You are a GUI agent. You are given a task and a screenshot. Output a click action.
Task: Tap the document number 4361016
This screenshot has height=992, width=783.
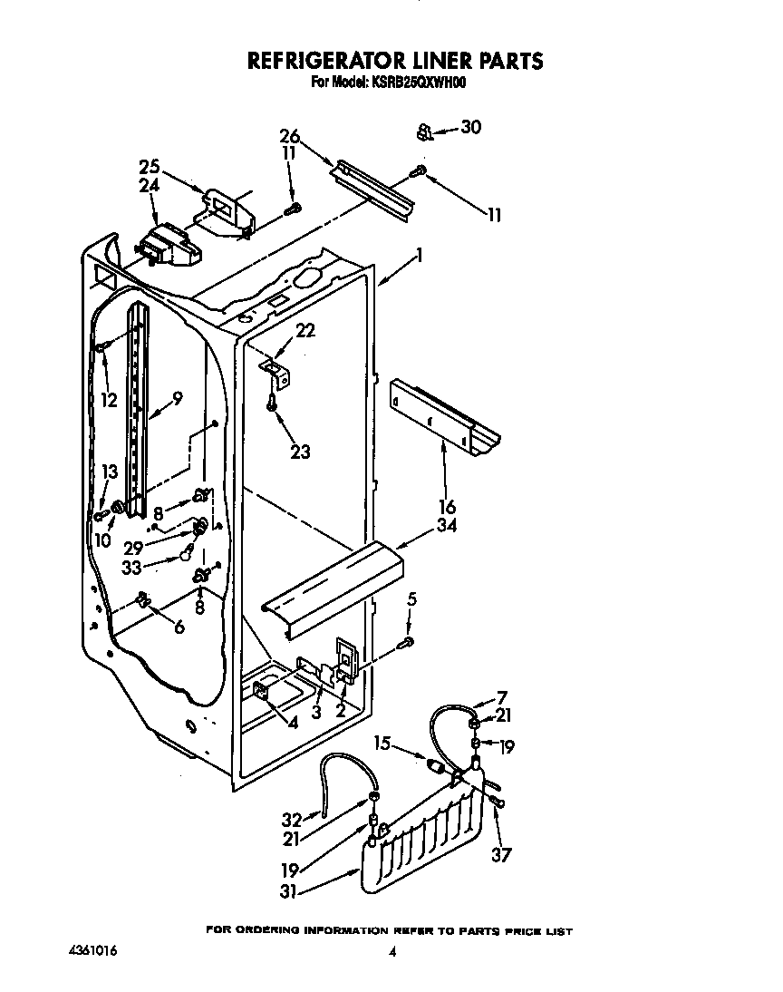pos(92,950)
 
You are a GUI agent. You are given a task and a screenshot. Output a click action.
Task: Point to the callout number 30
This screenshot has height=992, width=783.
pos(469,128)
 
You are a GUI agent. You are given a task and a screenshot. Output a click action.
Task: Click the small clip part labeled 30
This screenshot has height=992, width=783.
pos(422,132)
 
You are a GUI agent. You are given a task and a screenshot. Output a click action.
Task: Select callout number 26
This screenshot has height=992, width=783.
pos(289,137)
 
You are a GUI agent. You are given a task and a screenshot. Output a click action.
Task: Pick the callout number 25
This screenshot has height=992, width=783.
pos(150,167)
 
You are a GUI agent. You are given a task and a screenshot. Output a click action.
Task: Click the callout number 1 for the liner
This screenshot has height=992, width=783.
pos(419,257)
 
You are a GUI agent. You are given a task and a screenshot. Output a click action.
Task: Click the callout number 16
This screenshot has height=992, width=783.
pos(447,507)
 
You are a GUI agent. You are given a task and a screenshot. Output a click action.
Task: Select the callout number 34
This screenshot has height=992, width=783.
pos(447,526)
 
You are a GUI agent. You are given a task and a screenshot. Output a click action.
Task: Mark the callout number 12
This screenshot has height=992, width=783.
pos(109,400)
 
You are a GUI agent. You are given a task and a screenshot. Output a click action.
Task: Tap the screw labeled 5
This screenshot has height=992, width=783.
pos(408,642)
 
